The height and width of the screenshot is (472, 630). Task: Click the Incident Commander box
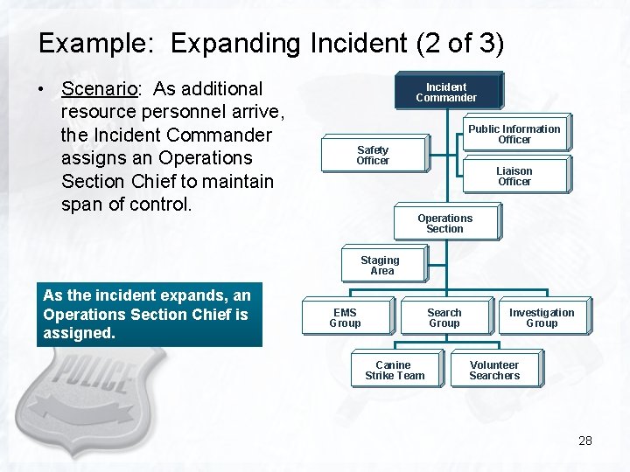(x=446, y=92)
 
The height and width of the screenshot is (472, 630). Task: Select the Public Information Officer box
(x=514, y=134)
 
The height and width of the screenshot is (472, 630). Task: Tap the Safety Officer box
(x=373, y=155)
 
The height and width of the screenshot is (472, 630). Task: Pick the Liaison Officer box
(x=514, y=176)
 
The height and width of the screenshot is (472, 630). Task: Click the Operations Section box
(x=445, y=223)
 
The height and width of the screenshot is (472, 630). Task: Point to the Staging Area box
(x=381, y=265)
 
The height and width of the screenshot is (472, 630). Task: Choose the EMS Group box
(x=345, y=317)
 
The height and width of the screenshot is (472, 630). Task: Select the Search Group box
(x=444, y=317)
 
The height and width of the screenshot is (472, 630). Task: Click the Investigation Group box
(x=542, y=317)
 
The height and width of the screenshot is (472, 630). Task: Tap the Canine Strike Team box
(x=394, y=370)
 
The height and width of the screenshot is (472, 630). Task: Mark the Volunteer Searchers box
(x=494, y=370)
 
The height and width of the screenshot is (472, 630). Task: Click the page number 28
(x=585, y=441)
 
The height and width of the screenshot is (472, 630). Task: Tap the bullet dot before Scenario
(x=42, y=89)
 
